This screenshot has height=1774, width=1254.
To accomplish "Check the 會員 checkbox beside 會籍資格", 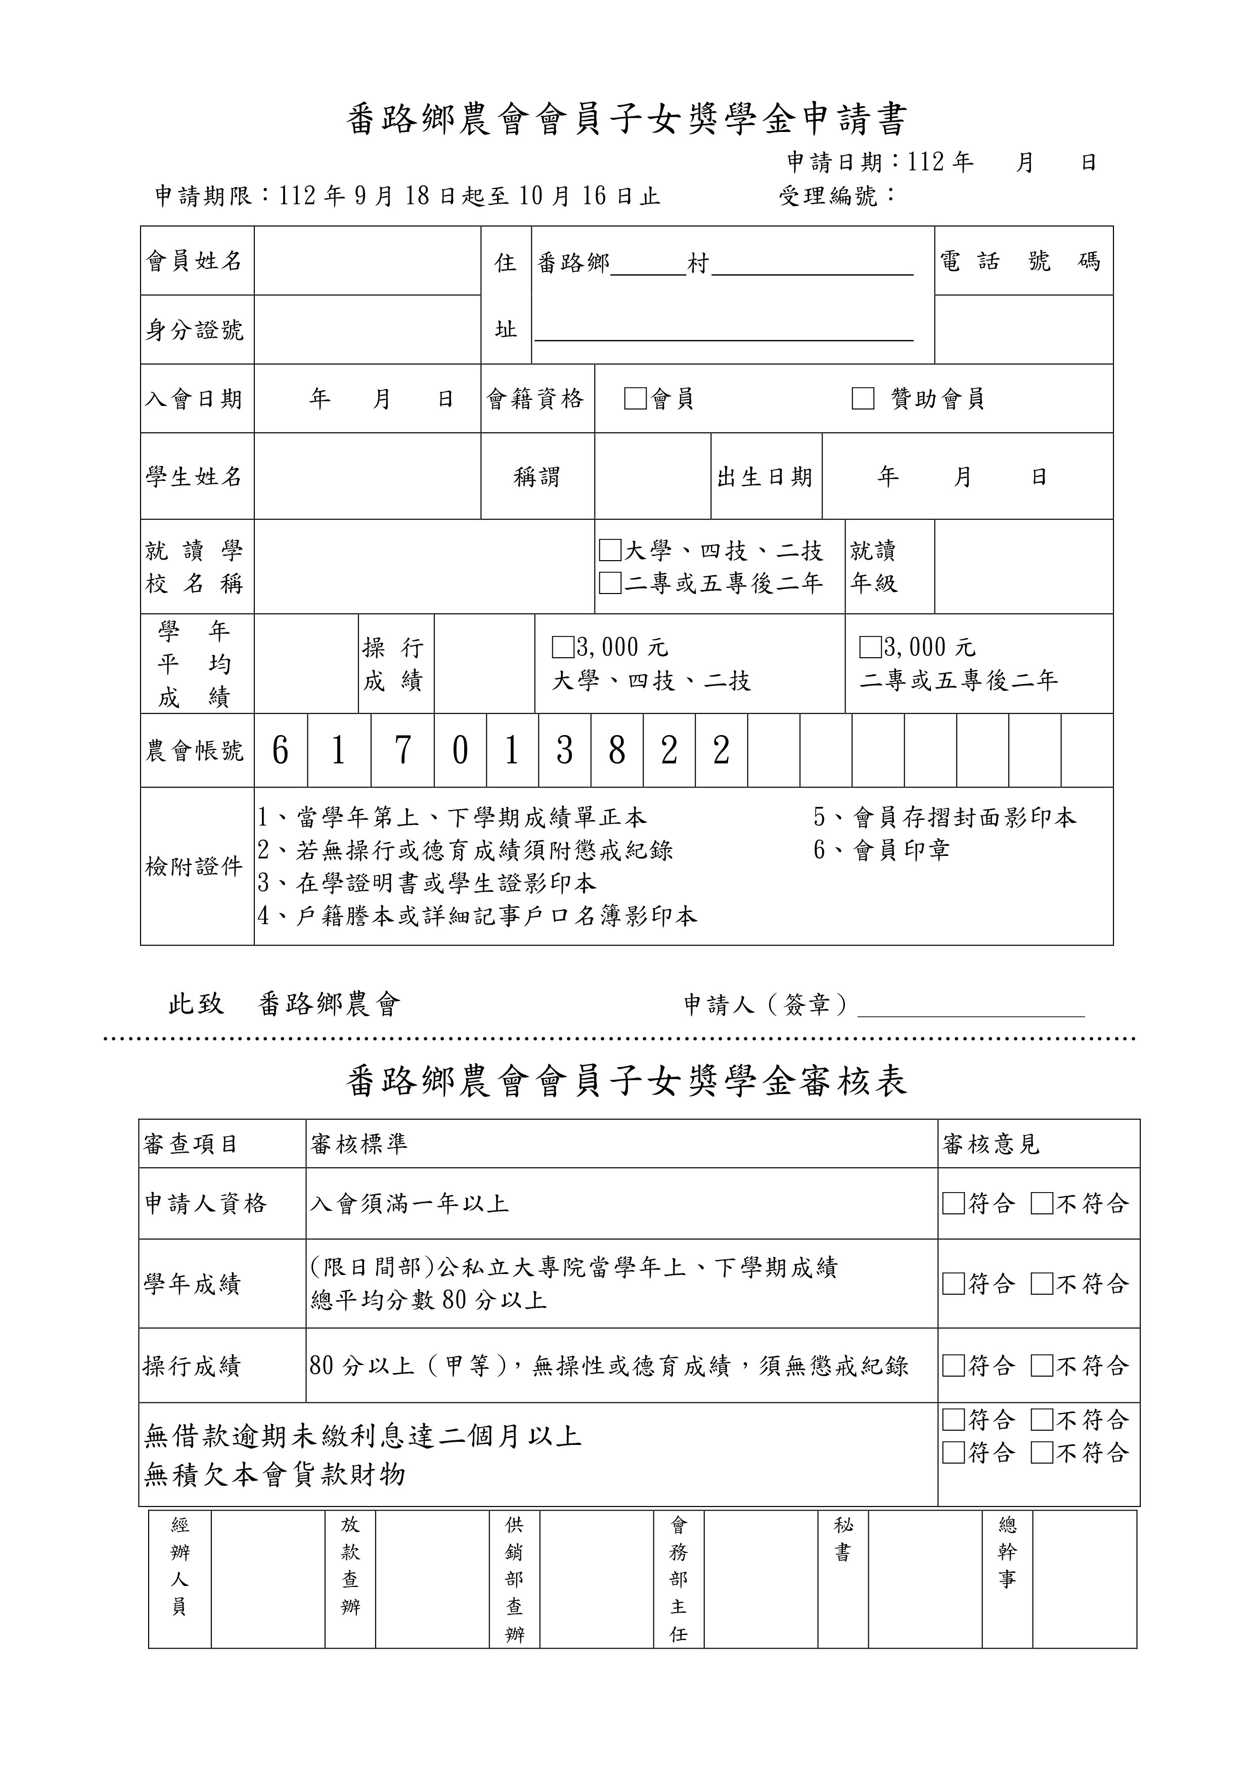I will [x=635, y=399].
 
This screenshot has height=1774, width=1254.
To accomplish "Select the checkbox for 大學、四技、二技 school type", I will [x=610, y=550].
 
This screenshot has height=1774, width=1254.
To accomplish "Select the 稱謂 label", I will [x=536, y=477].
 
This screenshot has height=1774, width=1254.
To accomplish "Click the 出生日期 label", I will [x=765, y=477].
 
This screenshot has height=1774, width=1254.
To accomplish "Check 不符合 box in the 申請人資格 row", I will [x=1042, y=1204].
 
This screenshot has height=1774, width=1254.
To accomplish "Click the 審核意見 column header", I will [x=991, y=1144].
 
